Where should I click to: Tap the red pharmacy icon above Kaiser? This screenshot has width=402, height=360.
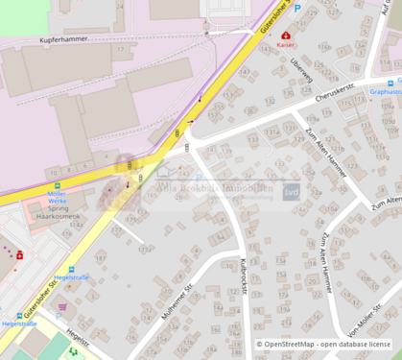point(285,35)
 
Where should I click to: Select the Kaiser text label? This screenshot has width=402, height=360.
point(285,45)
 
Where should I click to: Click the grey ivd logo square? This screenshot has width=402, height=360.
point(291,191)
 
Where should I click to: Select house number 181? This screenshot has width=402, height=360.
point(100,257)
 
